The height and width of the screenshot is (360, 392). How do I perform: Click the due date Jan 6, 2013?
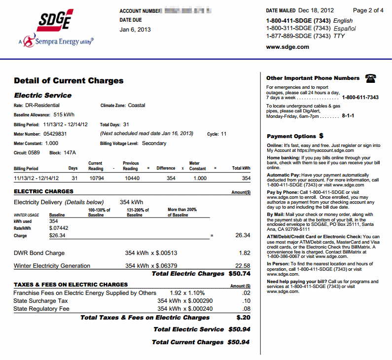[135, 29]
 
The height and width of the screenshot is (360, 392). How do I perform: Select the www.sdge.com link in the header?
[287, 47]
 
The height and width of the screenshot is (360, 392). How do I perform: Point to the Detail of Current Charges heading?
[69, 81]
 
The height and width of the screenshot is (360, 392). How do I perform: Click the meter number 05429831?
[55, 134]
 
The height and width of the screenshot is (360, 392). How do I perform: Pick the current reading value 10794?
[96, 179]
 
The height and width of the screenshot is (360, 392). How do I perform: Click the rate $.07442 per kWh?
[59, 228]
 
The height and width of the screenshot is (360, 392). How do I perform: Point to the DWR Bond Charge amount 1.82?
[244, 253]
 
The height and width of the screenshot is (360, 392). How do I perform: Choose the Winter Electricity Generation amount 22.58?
[242, 266]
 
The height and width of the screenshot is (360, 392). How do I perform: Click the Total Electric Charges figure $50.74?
[239, 274]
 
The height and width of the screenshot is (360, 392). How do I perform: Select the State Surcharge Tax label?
[40, 301]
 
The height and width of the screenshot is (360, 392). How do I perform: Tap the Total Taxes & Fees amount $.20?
[243, 318]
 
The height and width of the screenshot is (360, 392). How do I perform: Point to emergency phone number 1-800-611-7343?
[360, 98]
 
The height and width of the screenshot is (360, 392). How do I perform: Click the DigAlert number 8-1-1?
[348, 116]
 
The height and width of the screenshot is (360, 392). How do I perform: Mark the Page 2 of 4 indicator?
[368, 10]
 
